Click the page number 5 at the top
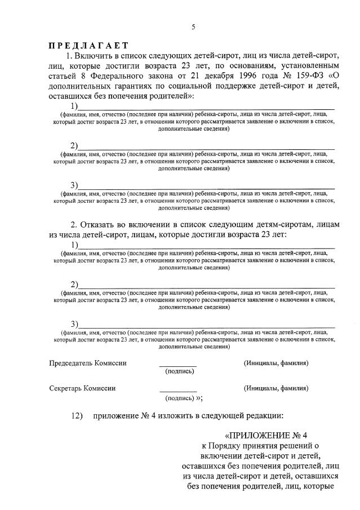pyautogui.click(x=193, y=27)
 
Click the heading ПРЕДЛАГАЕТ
pyautogui.click(x=88, y=46)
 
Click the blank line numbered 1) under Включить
pyautogui.click(x=206, y=107)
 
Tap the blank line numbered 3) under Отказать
pyautogui.click(x=206, y=326)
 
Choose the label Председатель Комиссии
pyautogui.click(x=88, y=363)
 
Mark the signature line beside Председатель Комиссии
pyautogui.click(x=178, y=366)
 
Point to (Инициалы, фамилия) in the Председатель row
pyautogui.click(x=276, y=363)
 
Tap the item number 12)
pyautogui.click(x=77, y=416)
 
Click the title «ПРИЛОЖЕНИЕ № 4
pyautogui.click(x=266, y=436)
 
